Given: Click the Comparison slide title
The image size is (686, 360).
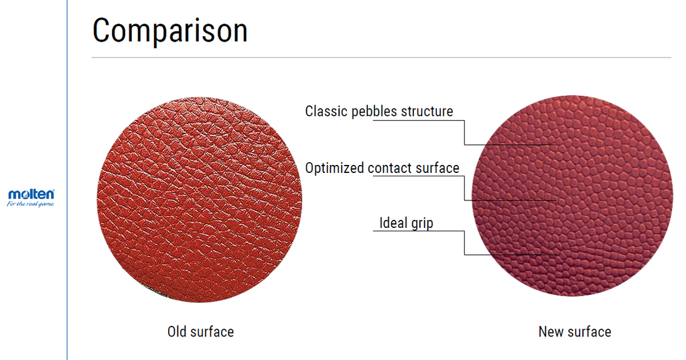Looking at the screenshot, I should (169, 30).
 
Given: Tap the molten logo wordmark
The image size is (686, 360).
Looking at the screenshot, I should (31, 194).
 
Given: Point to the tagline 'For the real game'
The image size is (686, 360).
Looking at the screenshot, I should (31, 204).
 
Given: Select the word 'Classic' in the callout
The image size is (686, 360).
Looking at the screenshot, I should (325, 111).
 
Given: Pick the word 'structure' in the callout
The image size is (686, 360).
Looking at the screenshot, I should (427, 111).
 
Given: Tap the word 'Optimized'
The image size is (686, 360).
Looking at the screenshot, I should (335, 168).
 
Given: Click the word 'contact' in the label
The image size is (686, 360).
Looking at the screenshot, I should (391, 168).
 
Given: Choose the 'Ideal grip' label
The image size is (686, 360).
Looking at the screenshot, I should (406, 223).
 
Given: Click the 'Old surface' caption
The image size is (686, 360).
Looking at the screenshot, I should (200, 332).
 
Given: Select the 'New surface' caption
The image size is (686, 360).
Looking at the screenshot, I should (575, 332).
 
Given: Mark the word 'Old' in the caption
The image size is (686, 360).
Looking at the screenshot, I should (177, 332).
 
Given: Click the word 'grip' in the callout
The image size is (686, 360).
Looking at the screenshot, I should (421, 223).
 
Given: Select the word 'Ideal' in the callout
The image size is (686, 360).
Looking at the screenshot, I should (393, 223).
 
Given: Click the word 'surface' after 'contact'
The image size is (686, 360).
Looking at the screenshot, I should (437, 168).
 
